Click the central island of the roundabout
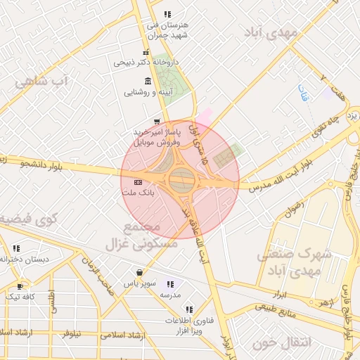point(180,181)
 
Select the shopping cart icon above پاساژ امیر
point(156,121)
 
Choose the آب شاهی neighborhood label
point(42,81)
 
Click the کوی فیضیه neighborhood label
point(27,220)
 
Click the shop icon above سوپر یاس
point(139,272)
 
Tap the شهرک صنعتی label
point(294,254)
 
